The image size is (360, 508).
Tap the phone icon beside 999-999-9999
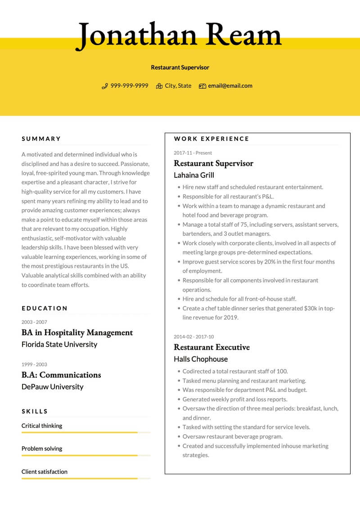pyautogui.click(x=105, y=86)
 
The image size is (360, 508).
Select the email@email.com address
pyautogui.click(x=230, y=86)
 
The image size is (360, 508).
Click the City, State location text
pyautogui.click(x=178, y=86)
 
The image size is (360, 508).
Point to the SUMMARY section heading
pyautogui.click(x=41, y=139)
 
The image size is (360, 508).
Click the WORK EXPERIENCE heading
pyautogui.click(x=211, y=139)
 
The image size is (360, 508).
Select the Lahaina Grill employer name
pyautogui.click(x=194, y=175)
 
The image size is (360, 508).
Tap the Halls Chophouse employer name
pyautogui.click(x=201, y=359)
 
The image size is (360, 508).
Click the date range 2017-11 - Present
pyautogui.click(x=193, y=153)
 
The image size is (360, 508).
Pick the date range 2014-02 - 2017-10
pyautogui.click(x=194, y=337)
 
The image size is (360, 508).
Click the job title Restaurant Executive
pyautogui.click(x=211, y=347)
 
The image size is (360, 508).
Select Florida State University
pyautogui.click(x=59, y=345)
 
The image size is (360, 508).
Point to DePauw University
pyautogui.click(x=53, y=387)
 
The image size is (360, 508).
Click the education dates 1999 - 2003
pyautogui.click(x=34, y=364)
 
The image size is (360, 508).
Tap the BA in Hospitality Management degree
pyautogui.click(x=77, y=333)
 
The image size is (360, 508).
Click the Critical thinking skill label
pyautogui.click(x=42, y=426)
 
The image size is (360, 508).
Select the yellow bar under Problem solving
pyautogui.click(x=80, y=455)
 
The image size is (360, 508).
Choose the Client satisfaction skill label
pyautogui.click(x=45, y=472)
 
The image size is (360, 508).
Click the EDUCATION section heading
pyautogui.click(x=45, y=309)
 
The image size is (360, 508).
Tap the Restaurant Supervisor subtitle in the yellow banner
pyautogui.click(x=180, y=67)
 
